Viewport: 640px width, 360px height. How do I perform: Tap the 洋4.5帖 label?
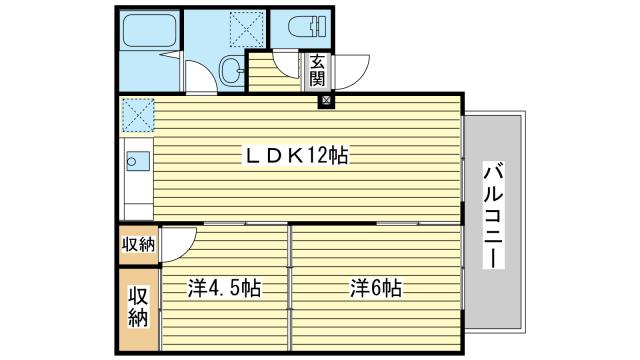(225, 289)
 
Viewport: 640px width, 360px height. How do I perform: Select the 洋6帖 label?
(376, 289)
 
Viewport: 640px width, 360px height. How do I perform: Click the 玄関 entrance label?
(317, 69)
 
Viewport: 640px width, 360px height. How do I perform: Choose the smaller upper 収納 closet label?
(138, 243)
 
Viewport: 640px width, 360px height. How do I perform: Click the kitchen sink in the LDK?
(136, 158)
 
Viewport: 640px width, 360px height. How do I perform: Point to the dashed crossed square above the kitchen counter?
(137, 113)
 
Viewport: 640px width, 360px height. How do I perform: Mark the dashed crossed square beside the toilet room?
(244, 27)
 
